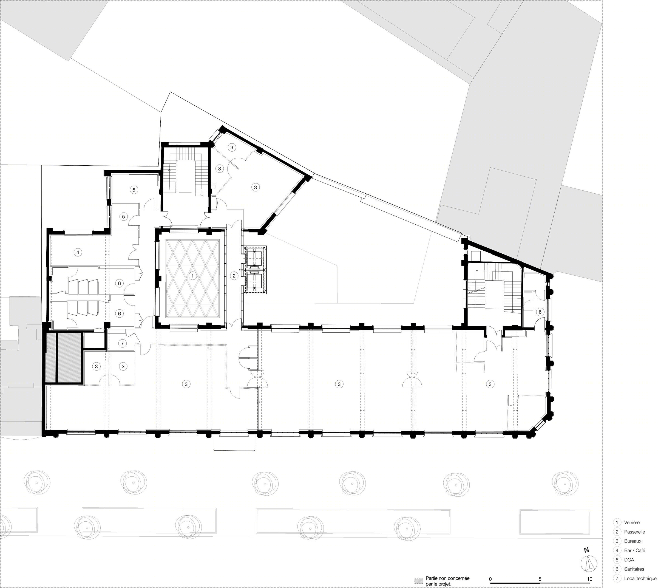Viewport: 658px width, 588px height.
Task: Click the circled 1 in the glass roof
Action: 192,276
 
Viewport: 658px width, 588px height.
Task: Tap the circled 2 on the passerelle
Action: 234,276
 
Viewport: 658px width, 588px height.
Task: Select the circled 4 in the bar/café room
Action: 78,252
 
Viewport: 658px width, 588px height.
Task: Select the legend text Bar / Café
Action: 634,550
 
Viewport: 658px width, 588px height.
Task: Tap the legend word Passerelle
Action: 634,532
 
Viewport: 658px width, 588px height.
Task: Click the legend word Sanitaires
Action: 634,569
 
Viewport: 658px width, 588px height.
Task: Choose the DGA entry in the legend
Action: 629,559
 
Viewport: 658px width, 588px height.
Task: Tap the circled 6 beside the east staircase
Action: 540,312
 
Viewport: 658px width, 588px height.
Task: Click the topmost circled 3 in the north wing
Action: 232,147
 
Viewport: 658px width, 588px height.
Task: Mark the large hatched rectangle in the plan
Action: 69,357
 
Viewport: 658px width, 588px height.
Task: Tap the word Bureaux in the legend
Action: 633,541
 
